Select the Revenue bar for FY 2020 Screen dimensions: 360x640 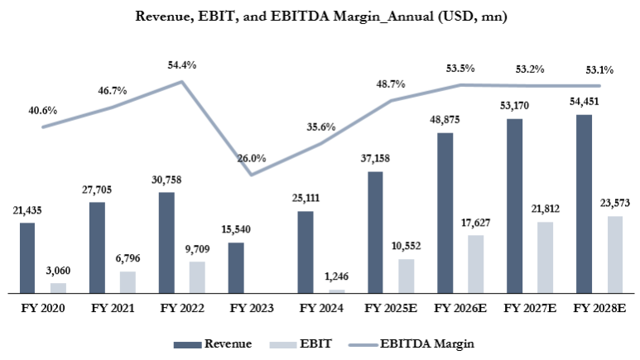pyautogui.click(x=27, y=257)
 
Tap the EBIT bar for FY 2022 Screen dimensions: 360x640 pyautogui.click(x=196, y=277)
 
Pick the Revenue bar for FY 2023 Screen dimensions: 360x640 pyautogui.click(x=236, y=267)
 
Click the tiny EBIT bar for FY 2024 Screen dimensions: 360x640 pyautogui.click(x=336, y=290)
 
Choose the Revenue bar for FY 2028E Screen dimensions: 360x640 pyautogui.click(x=584, y=204)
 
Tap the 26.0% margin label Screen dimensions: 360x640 pyautogui.click(x=251, y=158)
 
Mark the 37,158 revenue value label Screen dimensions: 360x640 pyautogui.click(x=375, y=157)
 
